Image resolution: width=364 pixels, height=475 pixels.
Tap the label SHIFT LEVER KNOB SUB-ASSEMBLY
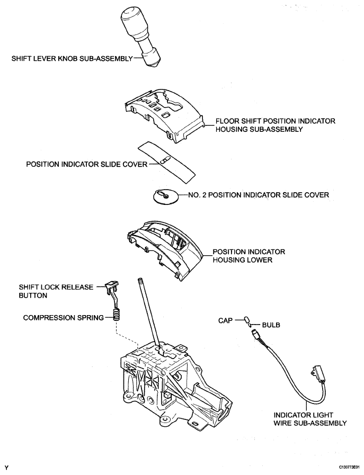pyautogui.click(x=72, y=58)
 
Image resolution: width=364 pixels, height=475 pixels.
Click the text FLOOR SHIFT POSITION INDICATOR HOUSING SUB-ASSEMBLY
pyautogui.click(x=276, y=125)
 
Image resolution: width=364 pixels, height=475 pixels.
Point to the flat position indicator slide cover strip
pyautogui.click(x=167, y=162)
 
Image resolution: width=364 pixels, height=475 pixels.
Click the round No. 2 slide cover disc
pyautogui.click(x=166, y=196)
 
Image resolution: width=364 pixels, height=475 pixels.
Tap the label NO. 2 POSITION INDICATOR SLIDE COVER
pyautogui.click(x=259, y=195)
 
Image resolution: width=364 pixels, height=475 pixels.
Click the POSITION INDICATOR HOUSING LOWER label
pyautogui.click(x=248, y=256)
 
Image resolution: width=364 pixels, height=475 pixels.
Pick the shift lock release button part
pyautogui.click(x=112, y=293)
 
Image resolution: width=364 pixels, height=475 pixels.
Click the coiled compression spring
pyautogui.click(x=117, y=315)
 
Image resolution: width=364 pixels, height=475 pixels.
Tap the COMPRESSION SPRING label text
pyautogui.click(x=64, y=318)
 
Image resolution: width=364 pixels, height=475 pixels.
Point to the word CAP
pyautogui.click(x=225, y=320)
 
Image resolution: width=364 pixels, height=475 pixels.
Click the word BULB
pyautogui.click(x=271, y=325)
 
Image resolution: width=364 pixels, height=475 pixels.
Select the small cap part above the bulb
pyautogui.click(x=246, y=320)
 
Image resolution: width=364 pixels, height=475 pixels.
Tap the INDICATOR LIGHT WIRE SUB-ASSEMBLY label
pyautogui.click(x=310, y=419)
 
